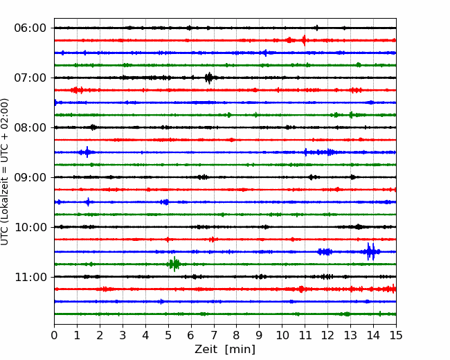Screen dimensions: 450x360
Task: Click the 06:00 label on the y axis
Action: coord(30,28)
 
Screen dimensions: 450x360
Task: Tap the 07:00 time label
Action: coord(30,78)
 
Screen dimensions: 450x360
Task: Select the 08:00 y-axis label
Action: coord(30,127)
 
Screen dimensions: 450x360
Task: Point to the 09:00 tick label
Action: coord(30,177)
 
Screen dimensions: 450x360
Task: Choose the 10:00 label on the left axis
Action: coord(30,227)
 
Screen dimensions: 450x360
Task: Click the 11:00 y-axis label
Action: coord(30,277)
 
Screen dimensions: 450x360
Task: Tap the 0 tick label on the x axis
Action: coord(54,335)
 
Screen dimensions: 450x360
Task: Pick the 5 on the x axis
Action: coord(168,335)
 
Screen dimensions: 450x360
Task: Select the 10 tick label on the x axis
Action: coord(282,335)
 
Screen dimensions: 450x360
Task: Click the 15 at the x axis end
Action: coord(396,335)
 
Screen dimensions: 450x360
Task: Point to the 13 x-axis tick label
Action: coord(350,335)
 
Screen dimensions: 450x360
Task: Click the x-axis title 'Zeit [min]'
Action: coord(225,350)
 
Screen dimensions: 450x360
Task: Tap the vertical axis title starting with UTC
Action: coord(5,172)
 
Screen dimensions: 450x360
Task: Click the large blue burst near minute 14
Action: coord(371,252)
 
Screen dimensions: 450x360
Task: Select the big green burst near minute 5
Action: coord(174,264)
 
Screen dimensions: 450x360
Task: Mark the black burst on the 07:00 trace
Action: coord(209,78)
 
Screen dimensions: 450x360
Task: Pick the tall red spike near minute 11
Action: coord(304,40)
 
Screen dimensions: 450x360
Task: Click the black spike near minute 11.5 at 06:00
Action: coord(317,28)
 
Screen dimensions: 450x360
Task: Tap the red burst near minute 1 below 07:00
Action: coord(77,90)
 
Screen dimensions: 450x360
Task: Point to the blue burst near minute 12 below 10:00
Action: coord(325,252)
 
